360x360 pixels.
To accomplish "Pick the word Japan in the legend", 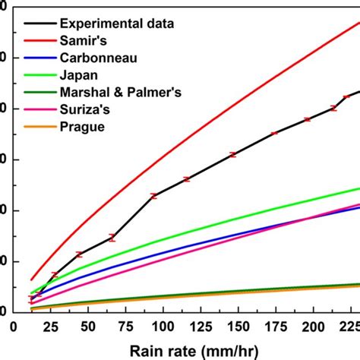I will point(77,74).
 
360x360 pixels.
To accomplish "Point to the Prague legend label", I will point(81,126).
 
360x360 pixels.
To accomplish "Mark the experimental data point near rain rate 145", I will point(232,154).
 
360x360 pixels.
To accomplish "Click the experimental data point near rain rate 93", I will point(153,196).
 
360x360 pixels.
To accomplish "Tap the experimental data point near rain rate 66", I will point(112,238).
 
